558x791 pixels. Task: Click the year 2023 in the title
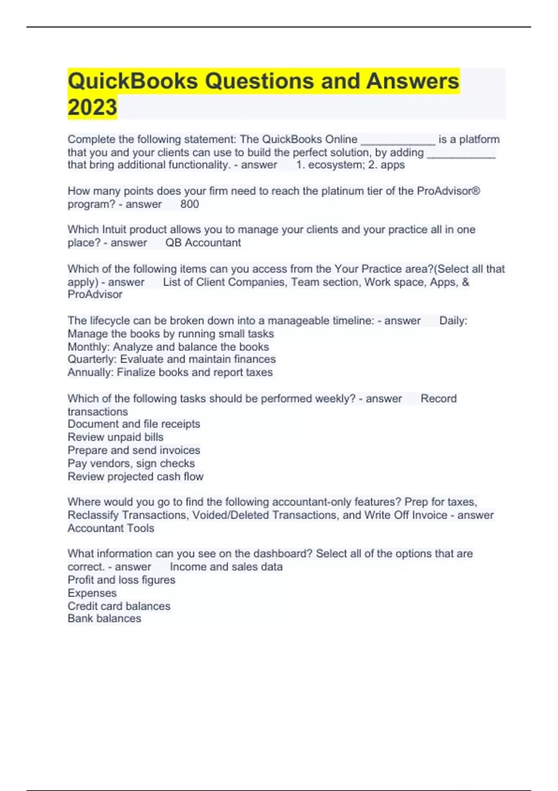click(92, 107)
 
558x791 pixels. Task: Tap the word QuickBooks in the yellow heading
click(133, 81)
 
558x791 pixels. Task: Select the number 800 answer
click(189, 204)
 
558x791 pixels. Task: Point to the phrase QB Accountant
click(203, 243)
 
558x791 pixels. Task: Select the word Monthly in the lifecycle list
click(88, 347)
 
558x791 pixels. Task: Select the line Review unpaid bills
click(115, 437)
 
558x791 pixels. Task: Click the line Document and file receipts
click(133, 424)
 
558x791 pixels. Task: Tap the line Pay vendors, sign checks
click(131, 463)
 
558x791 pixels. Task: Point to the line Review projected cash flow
click(135, 476)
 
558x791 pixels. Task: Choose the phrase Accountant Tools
click(111, 528)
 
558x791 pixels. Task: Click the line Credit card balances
click(119, 606)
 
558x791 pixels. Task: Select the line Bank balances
click(104, 618)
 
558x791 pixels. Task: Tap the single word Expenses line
click(92, 593)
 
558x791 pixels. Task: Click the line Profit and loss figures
click(121, 580)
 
